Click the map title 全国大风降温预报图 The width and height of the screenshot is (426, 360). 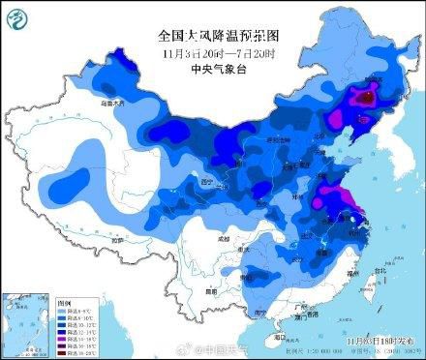point(212,35)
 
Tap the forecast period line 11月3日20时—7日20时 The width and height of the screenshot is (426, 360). point(212,52)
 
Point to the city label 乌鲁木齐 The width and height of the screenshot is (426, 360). point(88,102)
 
